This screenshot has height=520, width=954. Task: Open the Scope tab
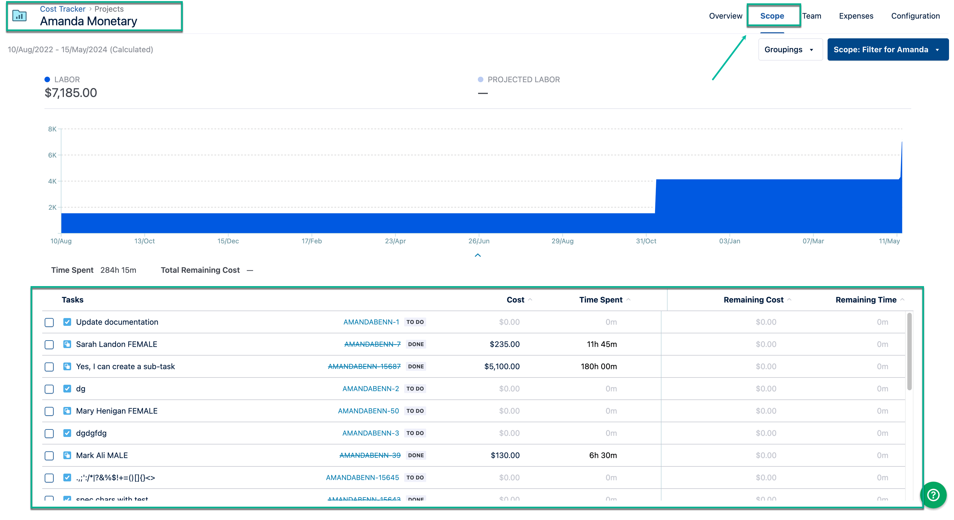tap(772, 16)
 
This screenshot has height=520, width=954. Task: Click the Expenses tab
tap(856, 16)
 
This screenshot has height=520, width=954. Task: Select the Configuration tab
tap(915, 16)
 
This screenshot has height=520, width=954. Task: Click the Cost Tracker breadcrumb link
tap(63, 9)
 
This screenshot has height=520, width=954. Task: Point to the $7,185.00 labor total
tap(71, 92)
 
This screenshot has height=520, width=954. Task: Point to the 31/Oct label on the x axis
tap(646, 241)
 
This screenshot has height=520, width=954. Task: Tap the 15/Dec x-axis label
tap(228, 241)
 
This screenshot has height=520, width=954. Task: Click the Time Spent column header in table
tap(601, 300)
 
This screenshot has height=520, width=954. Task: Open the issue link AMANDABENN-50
tap(368, 411)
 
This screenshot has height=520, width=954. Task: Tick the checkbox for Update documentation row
tap(49, 322)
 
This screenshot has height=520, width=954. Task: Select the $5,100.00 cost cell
tap(501, 366)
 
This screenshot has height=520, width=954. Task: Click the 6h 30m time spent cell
tap(603, 455)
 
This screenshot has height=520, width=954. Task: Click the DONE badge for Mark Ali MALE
tap(416, 455)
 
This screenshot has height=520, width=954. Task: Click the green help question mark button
tap(933, 495)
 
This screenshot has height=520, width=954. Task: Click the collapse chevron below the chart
tap(478, 255)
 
